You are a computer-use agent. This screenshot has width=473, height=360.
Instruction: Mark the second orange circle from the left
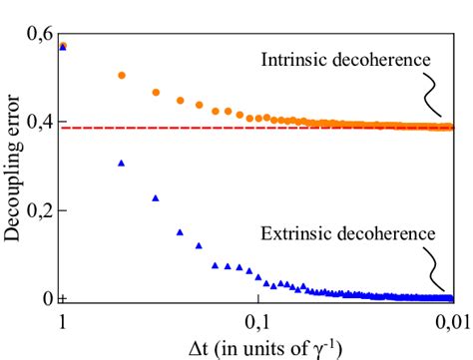pyautogui.click(x=122, y=75)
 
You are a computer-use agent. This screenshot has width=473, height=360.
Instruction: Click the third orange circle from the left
pyautogui.click(x=156, y=92)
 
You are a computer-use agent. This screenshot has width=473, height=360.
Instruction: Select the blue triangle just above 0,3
pyautogui.click(x=122, y=163)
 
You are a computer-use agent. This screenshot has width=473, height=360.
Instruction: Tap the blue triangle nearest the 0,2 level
pyautogui.click(x=156, y=198)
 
